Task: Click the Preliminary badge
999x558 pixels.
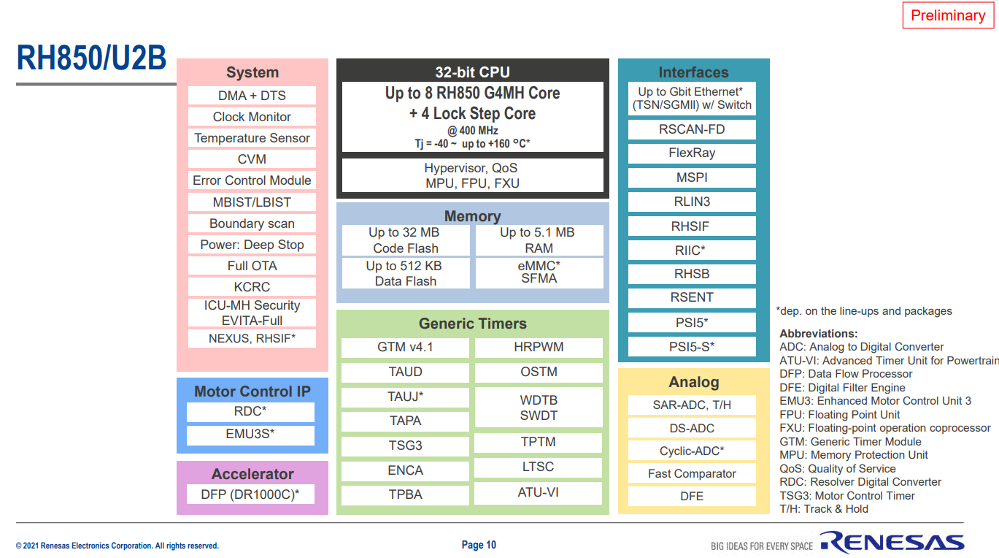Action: (x=948, y=15)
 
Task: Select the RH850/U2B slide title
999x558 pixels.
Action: (x=91, y=58)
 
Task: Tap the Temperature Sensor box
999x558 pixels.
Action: (x=252, y=138)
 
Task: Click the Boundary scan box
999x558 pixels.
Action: (x=252, y=223)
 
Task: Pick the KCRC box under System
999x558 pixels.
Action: (x=252, y=287)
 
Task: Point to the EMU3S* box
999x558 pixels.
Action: (x=250, y=435)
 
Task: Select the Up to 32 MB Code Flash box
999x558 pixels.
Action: (x=405, y=240)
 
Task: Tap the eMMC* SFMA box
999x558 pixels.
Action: (x=539, y=272)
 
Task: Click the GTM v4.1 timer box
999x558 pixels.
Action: (x=405, y=348)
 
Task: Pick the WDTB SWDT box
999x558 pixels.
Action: (x=539, y=408)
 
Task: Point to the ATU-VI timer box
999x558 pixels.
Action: (x=539, y=493)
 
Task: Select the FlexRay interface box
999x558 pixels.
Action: (x=692, y=153)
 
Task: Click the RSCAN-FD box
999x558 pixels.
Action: (x=692, y=129)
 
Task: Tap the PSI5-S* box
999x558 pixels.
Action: (x=692, y=347)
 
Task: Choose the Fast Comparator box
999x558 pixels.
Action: (x=692, y=474)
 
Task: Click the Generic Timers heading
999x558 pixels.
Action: (x=472, y=324)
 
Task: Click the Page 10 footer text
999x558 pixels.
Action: (x=479, y=545)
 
